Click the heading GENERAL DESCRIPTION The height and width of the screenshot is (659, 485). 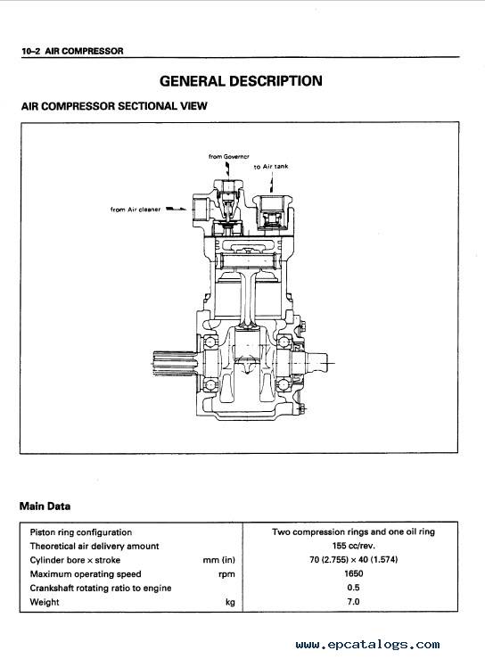point(241,80)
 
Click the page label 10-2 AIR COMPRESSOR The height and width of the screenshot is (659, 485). point(73,51)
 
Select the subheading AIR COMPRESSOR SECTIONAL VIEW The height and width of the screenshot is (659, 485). point(114,106)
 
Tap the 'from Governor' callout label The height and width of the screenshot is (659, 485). point(228,156)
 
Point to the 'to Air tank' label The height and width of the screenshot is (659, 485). point(271,167)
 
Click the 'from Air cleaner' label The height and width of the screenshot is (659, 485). point(136,210)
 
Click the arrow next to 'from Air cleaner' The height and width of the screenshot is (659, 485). point(177,209)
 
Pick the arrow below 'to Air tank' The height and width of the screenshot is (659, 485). point(272,183)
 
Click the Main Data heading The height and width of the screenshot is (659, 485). point(45,506)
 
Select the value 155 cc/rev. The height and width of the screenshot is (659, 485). point(353,546)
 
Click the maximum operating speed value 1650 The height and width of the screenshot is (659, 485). point(353,573)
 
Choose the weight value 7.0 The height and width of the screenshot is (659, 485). point(353,601)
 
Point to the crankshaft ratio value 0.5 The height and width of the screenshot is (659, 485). point(353,588)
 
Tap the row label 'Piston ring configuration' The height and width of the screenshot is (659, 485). point(81,532)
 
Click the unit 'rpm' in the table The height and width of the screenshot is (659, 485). point(226,574)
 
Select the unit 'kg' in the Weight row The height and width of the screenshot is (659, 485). point(230,602)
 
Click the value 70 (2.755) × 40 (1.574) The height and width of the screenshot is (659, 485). point(353,559)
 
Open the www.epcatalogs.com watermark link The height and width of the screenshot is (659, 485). point(367,645)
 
